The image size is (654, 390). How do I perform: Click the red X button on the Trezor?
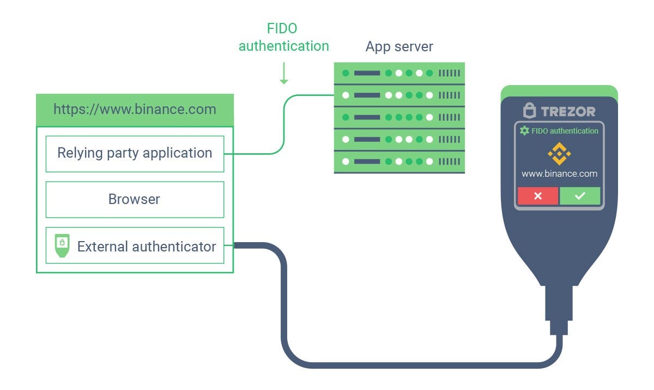537,196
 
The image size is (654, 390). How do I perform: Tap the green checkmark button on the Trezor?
580,196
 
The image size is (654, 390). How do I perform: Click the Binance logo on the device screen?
559,154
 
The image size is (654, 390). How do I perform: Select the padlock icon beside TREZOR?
529,111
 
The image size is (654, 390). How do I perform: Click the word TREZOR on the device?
568,111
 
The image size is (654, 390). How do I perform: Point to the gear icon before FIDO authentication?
524,131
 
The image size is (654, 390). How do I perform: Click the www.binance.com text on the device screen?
559,174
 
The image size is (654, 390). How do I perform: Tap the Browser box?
135,199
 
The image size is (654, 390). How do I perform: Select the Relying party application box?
135,153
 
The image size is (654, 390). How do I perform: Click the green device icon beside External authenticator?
62,246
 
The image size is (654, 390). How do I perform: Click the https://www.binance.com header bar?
135,110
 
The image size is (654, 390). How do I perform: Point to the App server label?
399,46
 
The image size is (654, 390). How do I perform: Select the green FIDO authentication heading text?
283,37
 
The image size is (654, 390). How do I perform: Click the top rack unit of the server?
399,73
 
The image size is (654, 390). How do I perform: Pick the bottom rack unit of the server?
399,162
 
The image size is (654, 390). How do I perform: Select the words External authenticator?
147,247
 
